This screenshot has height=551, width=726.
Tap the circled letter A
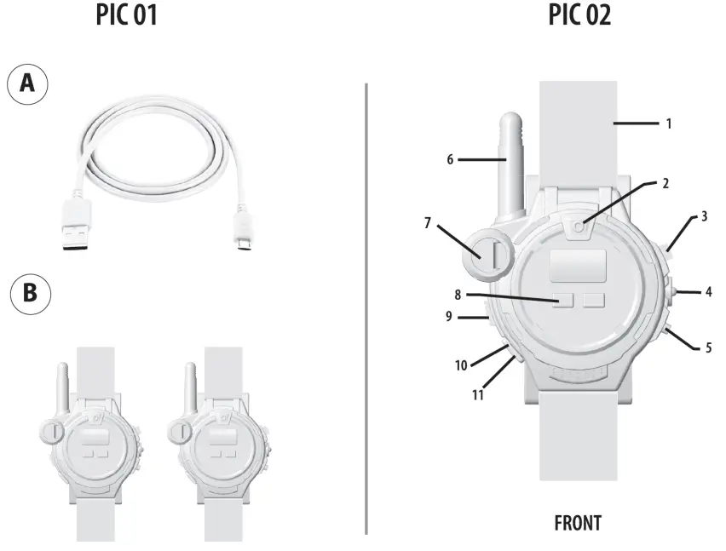point(27,86)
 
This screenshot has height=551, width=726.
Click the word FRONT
point(579,521)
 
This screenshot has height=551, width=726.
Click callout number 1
point(669,123)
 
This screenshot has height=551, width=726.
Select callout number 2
point(665,182)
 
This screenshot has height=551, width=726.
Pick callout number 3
point(704,217)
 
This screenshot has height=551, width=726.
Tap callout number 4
point(707,292)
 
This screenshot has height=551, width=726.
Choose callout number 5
point(708,347)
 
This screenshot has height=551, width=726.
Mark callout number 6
point(449,159)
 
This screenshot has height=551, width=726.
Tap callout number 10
point(461,365)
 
